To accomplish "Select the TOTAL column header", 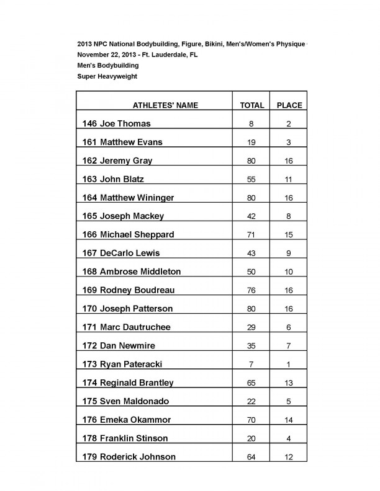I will [252, 105].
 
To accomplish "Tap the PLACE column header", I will [289, 105].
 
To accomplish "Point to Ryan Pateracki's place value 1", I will [289, 364].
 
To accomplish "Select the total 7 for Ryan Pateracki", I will [251, 364].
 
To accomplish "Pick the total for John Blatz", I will [251, 179].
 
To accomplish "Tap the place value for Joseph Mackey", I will [289, 216].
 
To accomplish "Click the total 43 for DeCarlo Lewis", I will [251, 253].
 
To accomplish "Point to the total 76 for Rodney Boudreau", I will [251, 290].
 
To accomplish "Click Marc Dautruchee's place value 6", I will [289, 327].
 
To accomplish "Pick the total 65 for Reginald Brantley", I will [251, 383].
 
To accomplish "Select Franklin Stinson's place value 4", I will [289, 438].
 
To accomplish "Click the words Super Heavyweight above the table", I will [107, 76].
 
